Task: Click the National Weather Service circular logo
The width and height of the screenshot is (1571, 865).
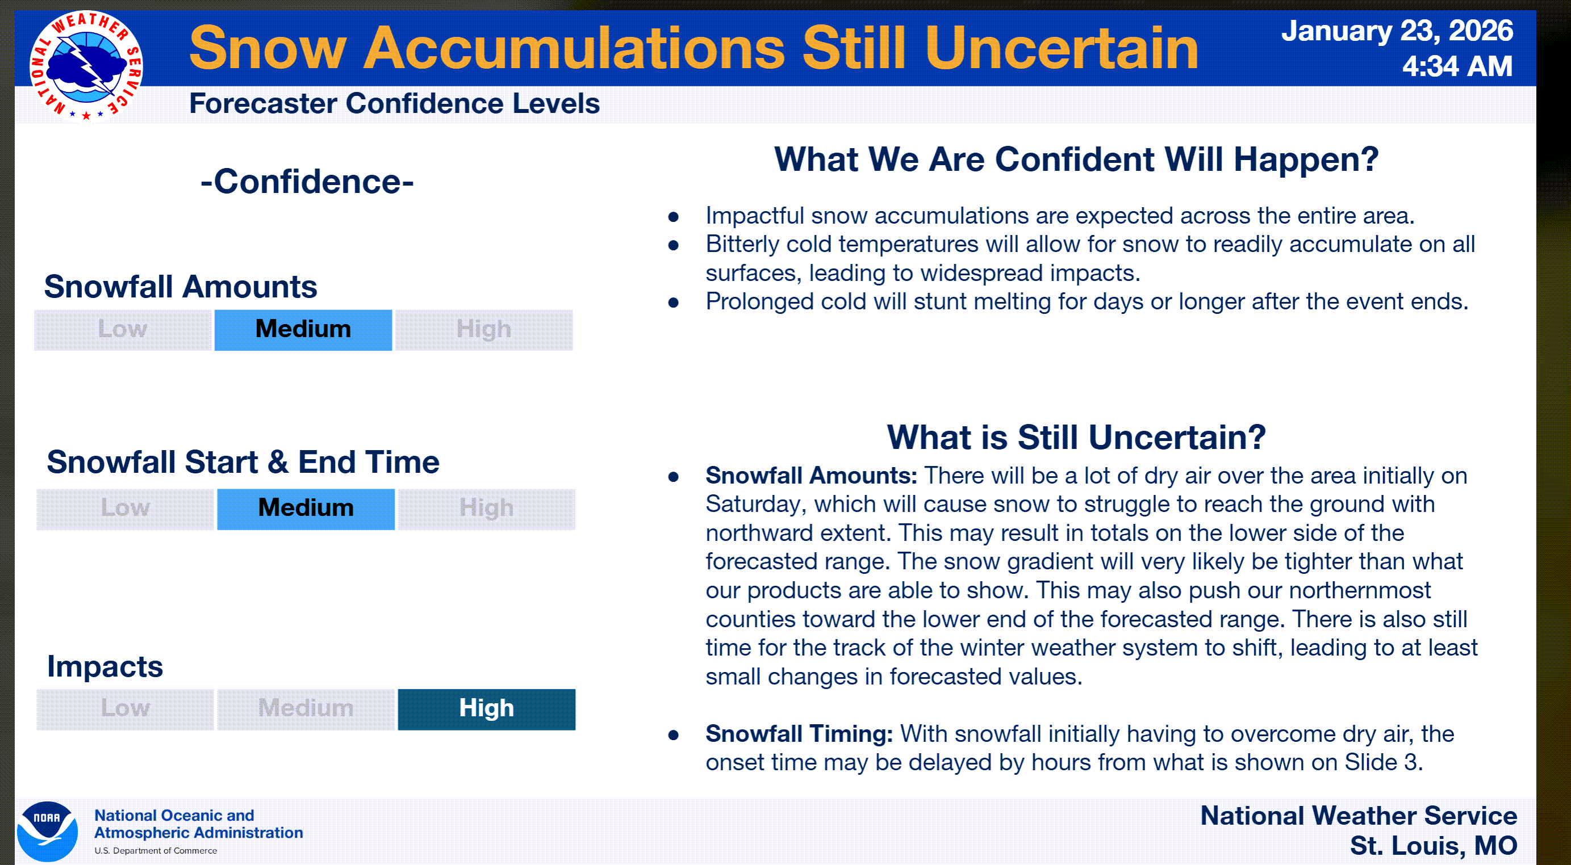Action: tap(86, 66)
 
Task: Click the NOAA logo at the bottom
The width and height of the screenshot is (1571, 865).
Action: tap(47, 831)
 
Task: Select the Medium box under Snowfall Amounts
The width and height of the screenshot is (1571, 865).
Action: tap(303, 330)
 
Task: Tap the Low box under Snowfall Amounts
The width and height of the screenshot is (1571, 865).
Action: tap(123, 330)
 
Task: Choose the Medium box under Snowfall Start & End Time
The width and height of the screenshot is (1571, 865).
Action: tap(306, 509)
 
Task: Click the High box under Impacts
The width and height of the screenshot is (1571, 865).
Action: tap(487, 709)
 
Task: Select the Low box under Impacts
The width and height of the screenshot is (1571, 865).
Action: tap(125, 709)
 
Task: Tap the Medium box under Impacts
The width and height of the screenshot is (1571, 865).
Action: tap(306, 709)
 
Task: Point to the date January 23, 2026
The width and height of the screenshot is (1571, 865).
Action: tap(1397, 31)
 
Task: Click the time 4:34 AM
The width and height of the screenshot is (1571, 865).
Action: tap(1457, 66)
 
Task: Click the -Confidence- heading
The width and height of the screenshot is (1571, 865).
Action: tap(307, 182)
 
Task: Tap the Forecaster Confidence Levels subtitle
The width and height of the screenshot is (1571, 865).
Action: tap(394, 104)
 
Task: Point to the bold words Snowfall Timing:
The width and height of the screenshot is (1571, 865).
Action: tap(799, 733)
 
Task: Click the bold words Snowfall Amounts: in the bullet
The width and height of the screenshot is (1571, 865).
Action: tap(811, 476)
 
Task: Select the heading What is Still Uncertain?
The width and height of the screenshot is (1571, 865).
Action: tap(1076, 437)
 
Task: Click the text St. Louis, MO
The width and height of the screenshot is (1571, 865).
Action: tap(1433, 846)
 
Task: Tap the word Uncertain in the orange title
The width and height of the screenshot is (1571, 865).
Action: tap(1061, 48)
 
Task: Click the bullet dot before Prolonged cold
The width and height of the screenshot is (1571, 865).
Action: tap(673, 303)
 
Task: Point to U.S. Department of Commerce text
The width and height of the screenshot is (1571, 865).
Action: tap(156, 850)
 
